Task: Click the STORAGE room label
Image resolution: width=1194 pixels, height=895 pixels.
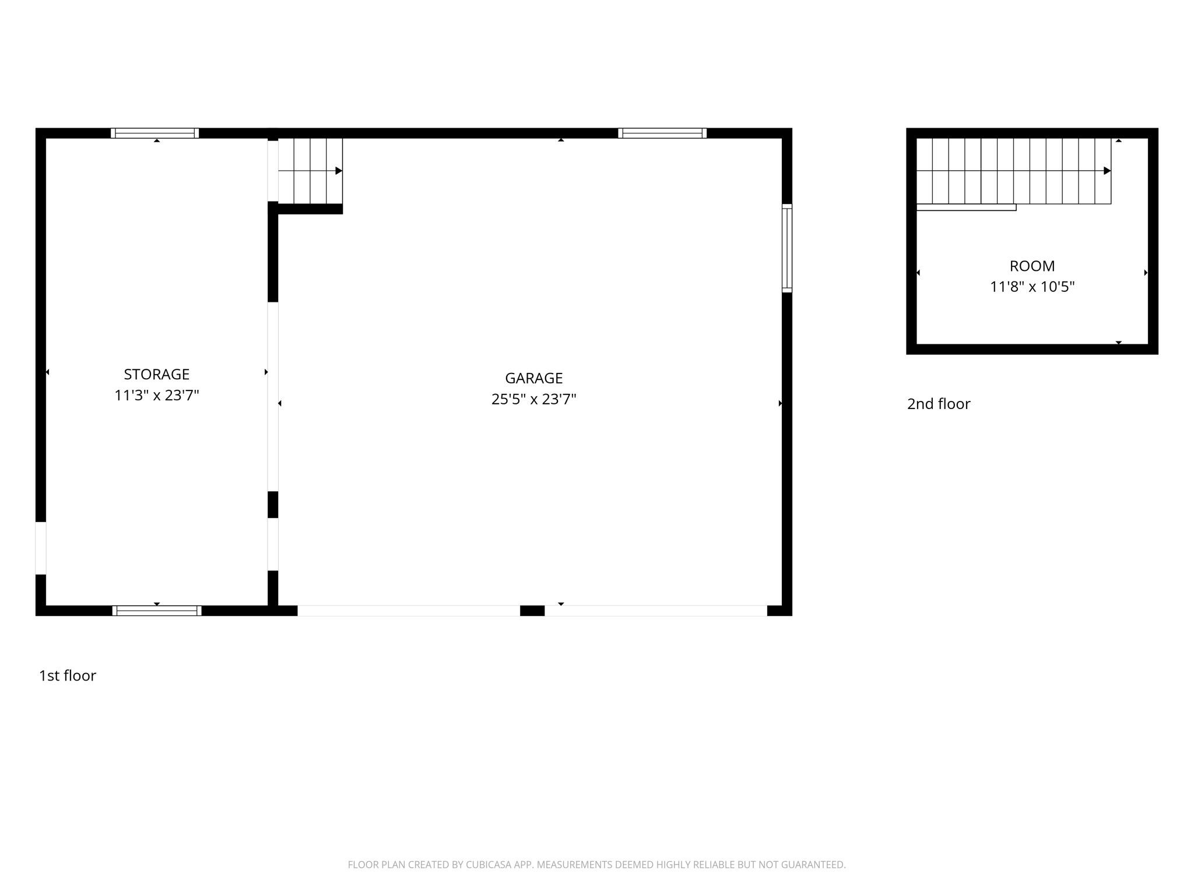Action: [156, 374]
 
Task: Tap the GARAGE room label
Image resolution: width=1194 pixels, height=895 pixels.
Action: [533, 378]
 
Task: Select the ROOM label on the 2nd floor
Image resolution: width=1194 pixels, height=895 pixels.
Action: [1032, 266]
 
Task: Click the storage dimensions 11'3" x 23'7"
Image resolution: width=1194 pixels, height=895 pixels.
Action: [156, 396]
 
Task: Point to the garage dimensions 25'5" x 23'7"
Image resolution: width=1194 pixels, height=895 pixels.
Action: [533, 399]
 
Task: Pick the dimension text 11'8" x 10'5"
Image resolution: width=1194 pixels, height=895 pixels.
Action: [1032, 287]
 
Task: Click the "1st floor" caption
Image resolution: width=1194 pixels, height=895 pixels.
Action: [67, 675]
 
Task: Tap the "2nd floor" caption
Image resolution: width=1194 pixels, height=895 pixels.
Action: [939, 404]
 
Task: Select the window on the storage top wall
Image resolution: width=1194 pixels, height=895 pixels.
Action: [154, 133]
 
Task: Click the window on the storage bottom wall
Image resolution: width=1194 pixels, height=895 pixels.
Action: [157, 611]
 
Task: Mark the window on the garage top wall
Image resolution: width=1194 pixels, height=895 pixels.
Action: [662, 133]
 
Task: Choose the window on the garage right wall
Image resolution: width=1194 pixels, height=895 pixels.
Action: [787, 248]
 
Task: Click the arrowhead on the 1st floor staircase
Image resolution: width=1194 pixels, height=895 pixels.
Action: [339, 171]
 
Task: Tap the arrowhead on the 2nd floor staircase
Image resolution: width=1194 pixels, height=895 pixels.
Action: [1107, 171]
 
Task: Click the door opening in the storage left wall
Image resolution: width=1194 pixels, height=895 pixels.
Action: [41, 548]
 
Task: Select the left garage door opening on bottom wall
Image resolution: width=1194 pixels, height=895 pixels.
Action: [409, 611]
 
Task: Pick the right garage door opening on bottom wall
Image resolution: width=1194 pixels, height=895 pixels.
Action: [656, 611]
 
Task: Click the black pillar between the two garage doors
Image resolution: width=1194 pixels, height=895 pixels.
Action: [532, 611]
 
